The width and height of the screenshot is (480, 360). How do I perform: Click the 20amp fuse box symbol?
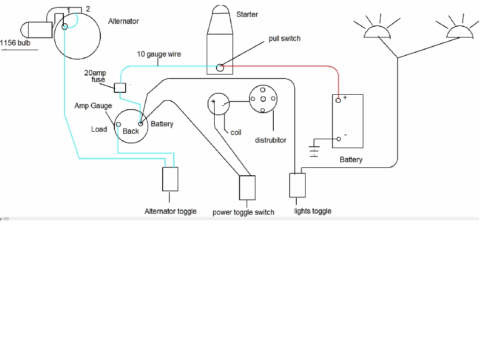[x=120, y=87]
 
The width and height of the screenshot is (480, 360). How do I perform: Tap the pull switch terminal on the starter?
[x=220, y=68]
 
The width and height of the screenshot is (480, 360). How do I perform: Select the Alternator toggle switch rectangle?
[x=170, y=179]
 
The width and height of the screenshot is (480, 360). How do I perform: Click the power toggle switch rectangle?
[x=247, y=187]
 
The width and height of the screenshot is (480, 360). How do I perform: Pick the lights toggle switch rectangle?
[x=297, y=185]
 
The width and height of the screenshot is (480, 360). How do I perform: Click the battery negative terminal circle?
[x=338, y=139]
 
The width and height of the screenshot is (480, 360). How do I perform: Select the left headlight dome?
[x=377, y=32]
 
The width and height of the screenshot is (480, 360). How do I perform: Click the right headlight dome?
[x=459, y=32]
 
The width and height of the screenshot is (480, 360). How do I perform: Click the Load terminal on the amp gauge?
[x=118, y=124]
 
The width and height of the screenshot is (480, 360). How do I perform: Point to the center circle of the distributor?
[x=262, y=98]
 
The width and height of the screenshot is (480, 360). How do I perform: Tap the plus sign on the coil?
[x=213, y=101]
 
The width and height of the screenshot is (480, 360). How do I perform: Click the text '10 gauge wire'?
[x=159, y=54]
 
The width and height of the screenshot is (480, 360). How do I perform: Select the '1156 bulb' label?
[x=15, y=43]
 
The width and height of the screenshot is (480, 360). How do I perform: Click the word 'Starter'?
[x=247, y=15]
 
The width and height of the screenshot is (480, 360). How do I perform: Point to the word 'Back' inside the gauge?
[x=131, y=131]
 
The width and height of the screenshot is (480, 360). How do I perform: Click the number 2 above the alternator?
[x=88, y=8]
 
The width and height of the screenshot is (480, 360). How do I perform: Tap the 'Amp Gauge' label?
[x=93, y=106]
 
